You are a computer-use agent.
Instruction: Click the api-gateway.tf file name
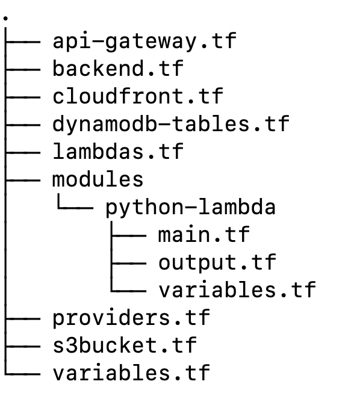coord(144,42)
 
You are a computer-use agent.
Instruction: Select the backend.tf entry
coord(118,68)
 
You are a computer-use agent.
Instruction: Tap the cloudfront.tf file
coord(138,96)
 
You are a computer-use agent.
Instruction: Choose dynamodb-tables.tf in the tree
coord(171,124)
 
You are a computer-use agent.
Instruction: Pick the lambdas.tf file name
coord(118,151)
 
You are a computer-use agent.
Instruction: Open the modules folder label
coord(98,179)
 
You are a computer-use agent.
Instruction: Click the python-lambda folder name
coord(190,208)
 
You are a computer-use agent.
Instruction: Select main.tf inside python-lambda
coord(204,235)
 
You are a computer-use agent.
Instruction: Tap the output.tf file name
coord(217,262)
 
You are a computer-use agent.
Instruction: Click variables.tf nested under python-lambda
coord(237,289)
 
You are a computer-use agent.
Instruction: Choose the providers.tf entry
coord(131,318)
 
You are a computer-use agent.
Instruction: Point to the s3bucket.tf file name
coord(125,345)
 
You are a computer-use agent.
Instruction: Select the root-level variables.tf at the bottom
coord(131,372)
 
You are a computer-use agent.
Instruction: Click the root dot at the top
coord(5,18)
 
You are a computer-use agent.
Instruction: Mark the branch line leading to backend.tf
coord(23,69)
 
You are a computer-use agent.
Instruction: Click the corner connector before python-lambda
coord(58,208)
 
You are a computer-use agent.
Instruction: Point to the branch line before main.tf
coord(129,236)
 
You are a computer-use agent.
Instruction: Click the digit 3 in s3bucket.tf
coord(72,345)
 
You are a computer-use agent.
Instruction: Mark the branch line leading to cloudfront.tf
coord(23,97)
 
